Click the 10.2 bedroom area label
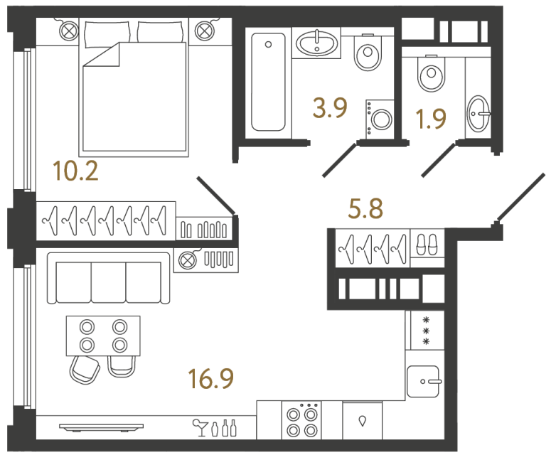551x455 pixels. pyautogui.click(x=75, y=171)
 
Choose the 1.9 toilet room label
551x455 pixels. pyautogui.click(x=431, y=117)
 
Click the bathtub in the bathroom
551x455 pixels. pyautogui.click(x=268, y=84)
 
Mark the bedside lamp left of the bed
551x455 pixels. pyautogui.click(x=69, y=31)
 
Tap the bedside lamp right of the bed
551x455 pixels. pyautogui.click(x=205, y=31)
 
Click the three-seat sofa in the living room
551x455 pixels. pyautogui.click(x=109, y=276)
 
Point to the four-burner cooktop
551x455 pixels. pyautogui.click(x=302, y=421)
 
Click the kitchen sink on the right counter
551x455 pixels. pyautogui.click(x=425, y=382)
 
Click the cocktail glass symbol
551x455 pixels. pyautogui.click(x=199, y=427)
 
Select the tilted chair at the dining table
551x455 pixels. pyautogui.click(x=84, y=368)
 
